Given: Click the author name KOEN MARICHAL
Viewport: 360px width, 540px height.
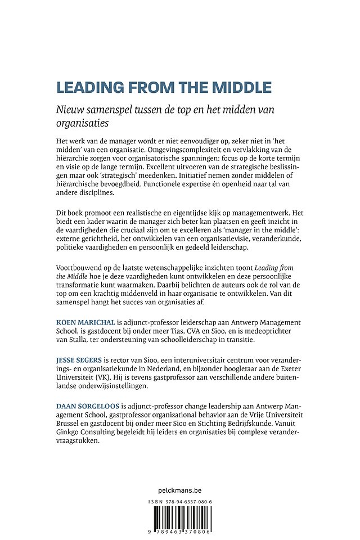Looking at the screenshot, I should pyautogui.click(x=85, y=322).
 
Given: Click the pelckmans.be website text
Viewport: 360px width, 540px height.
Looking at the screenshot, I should pyautogui.click(x=180, y=490).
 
